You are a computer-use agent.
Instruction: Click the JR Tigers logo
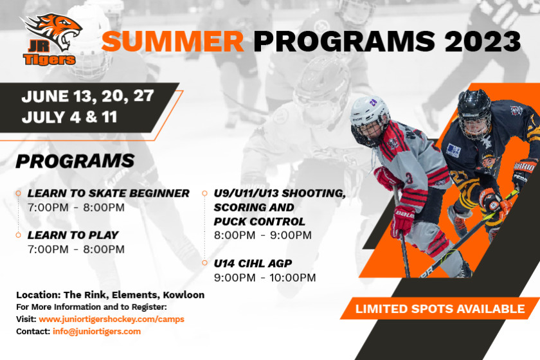51,39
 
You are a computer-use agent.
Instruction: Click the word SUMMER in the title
173,41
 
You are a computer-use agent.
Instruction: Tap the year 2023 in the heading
483,41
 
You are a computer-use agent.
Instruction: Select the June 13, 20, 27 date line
87,96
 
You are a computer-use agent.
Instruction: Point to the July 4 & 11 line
69,117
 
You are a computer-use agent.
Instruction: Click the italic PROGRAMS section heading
75,161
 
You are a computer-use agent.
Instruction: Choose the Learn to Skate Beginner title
109,194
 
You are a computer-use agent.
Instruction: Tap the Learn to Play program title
73,235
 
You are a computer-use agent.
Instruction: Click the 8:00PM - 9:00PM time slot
263,235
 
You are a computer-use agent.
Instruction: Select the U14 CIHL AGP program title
253,264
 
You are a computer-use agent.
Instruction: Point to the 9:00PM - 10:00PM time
265,278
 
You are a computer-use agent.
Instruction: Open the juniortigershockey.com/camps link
112,319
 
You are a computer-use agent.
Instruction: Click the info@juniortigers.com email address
97,332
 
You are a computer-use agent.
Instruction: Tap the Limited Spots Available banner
440,309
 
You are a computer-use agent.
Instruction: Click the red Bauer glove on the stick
402,221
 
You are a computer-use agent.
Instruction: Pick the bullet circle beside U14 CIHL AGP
204,263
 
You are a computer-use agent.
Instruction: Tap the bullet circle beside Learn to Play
18,235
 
